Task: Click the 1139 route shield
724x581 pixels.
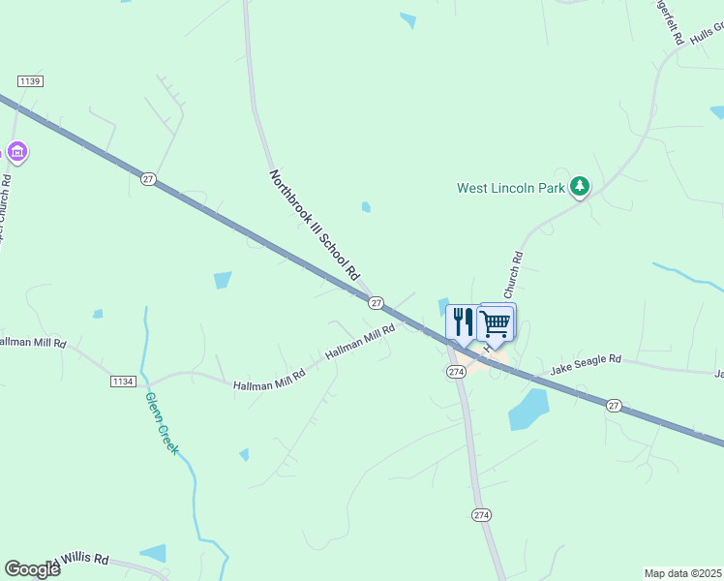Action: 30,81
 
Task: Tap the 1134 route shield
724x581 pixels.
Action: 122,383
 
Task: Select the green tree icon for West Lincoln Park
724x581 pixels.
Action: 579,185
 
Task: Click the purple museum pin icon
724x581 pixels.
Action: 16,151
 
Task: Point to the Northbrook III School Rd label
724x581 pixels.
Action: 314,226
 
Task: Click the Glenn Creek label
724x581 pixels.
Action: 162,423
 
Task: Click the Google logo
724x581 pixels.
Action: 32,569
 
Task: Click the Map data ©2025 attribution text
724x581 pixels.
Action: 683,573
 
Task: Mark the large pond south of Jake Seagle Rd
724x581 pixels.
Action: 528,409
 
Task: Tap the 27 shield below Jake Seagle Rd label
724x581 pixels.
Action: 614,405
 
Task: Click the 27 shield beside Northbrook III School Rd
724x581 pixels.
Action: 376,302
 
